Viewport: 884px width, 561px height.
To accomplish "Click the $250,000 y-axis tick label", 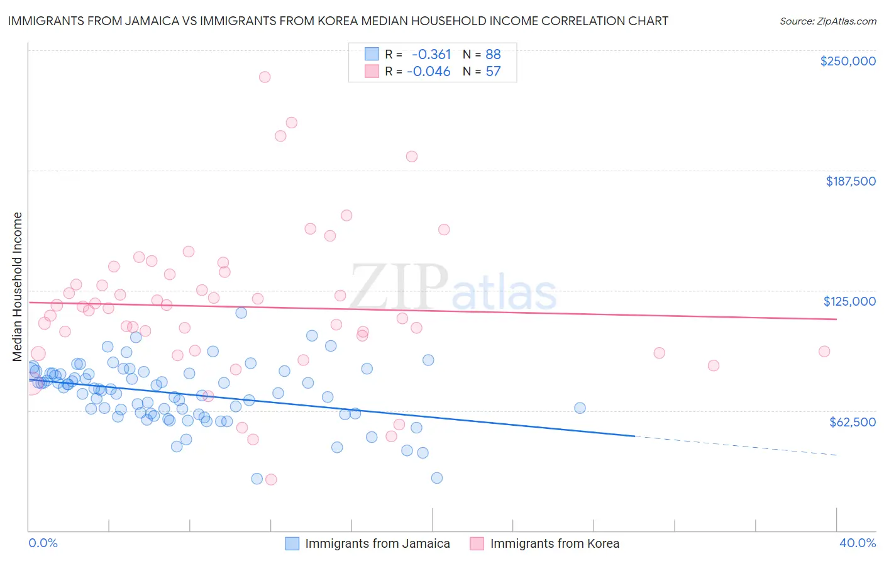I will coord(848,61).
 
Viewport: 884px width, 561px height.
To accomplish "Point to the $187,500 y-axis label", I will coord(850,181).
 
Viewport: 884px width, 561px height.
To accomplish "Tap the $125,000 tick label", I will coord(849,301).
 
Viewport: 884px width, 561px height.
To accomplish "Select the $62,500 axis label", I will coord(852,422).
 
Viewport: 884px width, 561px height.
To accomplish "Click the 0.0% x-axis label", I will coord(43,543).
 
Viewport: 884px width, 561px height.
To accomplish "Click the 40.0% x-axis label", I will coord(857,543).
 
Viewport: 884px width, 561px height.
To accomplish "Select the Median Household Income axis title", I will coord(17,287).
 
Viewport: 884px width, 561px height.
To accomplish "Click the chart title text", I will coord(338,21).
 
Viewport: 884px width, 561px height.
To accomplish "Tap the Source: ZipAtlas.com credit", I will coord(827,21).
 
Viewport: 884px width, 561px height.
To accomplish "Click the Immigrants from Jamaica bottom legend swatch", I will coord(292,543).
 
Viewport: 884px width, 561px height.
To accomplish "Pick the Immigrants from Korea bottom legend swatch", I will coord(477,543).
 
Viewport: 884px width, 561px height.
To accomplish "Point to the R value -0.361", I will coord(431,54).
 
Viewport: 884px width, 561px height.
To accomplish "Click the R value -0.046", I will coord(429,71).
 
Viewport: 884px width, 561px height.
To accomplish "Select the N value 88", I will coord(493,54).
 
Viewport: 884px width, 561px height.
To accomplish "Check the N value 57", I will coord(493,71).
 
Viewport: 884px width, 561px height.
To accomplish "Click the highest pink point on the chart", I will coord(265,77).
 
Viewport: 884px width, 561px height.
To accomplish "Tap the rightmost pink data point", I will coord(824,352).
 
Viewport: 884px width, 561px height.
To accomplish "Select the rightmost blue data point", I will coord(580,408).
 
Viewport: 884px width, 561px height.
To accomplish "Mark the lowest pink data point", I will coord(271,479).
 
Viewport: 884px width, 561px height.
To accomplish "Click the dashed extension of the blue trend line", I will coord(736,445).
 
